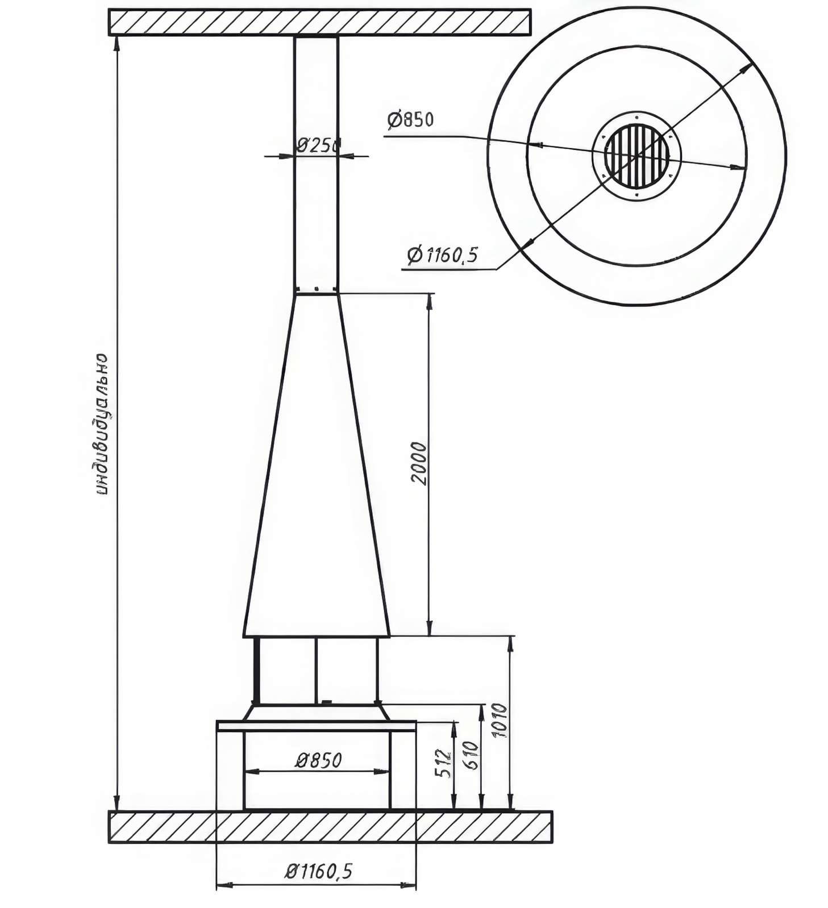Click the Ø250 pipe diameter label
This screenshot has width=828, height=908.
tap(318, 145)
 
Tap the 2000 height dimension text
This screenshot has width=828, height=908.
tap(419, 463)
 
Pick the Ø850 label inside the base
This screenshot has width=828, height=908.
tap(318, 759)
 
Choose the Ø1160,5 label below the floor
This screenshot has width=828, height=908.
tap(319, 871)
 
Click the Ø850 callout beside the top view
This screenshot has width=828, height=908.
tap(410, 120)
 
